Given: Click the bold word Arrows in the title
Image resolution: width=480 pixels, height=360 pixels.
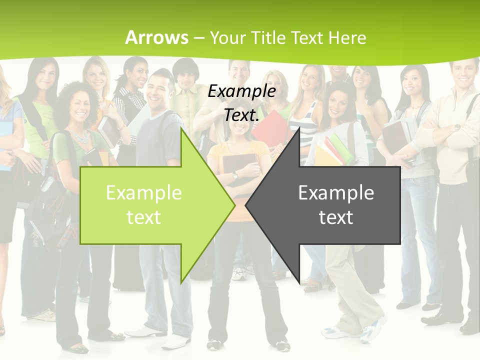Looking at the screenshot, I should coord(156,37).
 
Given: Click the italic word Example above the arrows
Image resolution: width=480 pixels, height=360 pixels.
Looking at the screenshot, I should coord(241,91).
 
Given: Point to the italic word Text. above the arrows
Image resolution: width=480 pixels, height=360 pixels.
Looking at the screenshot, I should coord(241,115).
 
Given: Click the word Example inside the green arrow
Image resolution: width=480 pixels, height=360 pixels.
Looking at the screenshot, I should coord(143,192).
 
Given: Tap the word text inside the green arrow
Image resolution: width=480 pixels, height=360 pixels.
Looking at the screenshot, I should coord(143,217).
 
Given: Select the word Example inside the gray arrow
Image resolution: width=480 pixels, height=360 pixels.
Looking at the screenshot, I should coord(336,192).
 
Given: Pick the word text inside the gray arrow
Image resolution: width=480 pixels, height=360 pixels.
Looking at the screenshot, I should coord(336,217).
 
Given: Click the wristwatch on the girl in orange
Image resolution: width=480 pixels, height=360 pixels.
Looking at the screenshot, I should coord(235,175).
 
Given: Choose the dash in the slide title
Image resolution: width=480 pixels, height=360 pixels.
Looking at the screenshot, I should coord(199,38).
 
